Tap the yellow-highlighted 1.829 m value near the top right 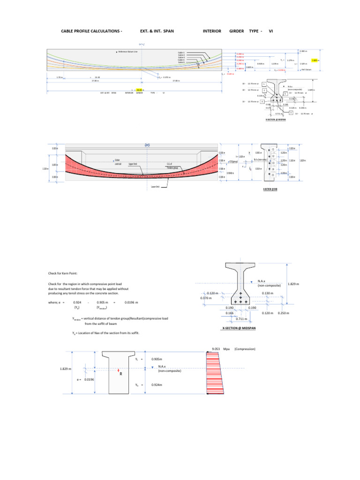(315, 60)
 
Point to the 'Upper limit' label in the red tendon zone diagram (133, 164)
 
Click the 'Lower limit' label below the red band (156, 186)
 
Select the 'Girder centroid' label (118, 162)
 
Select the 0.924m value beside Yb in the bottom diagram (157, 384)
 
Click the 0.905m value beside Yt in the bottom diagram (157, 360)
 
